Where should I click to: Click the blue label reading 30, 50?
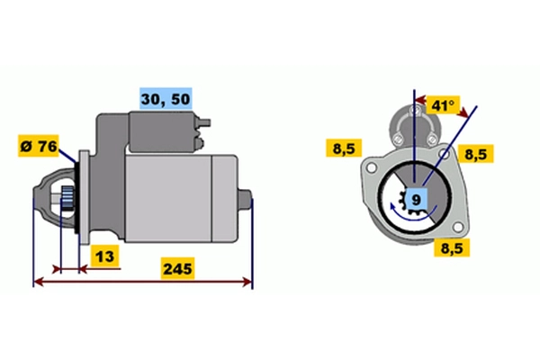[166, 99]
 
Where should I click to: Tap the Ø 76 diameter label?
[39, 146]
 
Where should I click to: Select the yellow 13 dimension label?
[104, 256]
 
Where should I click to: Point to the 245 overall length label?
[177, 269]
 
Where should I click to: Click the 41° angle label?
[443, 104]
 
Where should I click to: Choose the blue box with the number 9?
[417, 199]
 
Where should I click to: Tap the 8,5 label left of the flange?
[344, 148]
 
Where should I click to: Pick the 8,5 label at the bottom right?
[452, 247]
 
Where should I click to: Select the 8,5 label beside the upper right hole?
[475, 154]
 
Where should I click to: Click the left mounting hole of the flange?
[371, 167]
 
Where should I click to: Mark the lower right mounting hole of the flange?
[458, 227]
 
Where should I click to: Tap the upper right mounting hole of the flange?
[444, 154]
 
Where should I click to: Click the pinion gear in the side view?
[67, 199]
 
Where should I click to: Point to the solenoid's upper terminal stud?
[204, 122]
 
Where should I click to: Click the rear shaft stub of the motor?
[245, 199]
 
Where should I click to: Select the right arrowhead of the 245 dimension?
[247, 282]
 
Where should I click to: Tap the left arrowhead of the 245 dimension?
[39, 282]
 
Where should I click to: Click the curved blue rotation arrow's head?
[392, 207]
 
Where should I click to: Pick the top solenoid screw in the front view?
[415, 111]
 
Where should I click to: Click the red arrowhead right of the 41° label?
[463, 112]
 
